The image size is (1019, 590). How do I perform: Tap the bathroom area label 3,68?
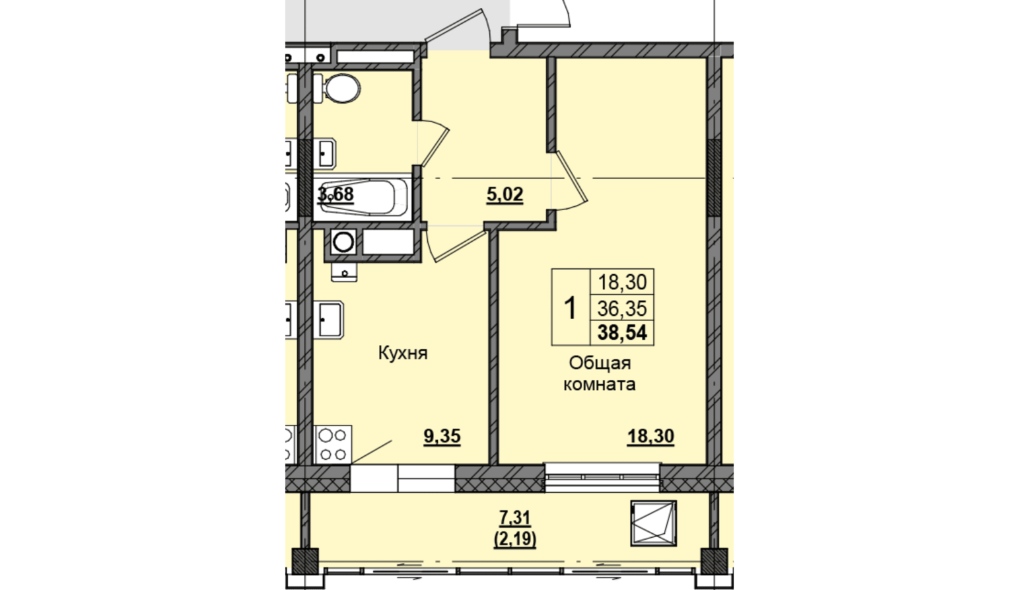coord(335,194)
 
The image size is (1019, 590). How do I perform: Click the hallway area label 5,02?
coord(505,195)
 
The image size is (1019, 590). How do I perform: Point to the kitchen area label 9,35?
coord(442,437)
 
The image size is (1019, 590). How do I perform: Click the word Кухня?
coord(403,353)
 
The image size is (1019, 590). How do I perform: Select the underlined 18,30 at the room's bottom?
coord(650,437)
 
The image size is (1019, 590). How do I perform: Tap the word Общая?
coord(600,363)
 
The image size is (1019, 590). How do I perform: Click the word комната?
coord(600,385)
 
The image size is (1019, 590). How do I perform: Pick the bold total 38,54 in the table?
coord(622,333)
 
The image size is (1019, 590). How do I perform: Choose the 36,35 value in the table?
coord(622,309)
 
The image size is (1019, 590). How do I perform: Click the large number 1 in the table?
coord(570,308)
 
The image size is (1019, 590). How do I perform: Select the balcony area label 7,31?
coord(515,518)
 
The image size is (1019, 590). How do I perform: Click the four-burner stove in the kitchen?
coord(333,444)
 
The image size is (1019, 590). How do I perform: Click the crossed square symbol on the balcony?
coord(653,523)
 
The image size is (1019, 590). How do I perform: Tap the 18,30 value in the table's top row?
coord(622,282)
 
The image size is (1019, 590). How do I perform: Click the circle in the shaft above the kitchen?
coord(343,242)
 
